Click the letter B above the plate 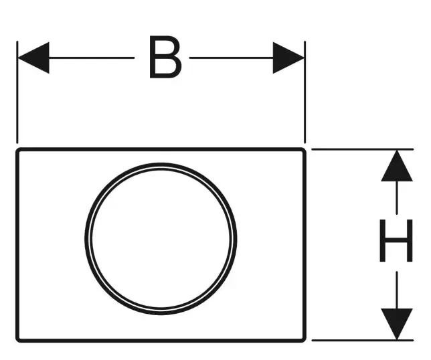pyautogui.click(x=165, y=57)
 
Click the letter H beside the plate pyautogui.click(x=396, y=240)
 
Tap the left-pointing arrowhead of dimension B pyautogui.click(x=33, y=58)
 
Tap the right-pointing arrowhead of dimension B pyautogui.click(x=288, y=58)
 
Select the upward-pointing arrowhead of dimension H pyautogui.click(x=397, y=166)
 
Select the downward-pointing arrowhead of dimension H pyautogui.click(x=397, y=324)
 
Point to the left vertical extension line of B pyautogui.click(x=17, y=92)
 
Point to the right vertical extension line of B pyautogui.click(x=305, y=92)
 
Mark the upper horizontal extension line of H pyautogui.click(x=362, y=149)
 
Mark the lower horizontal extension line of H pyautogui.click(x=362, y=340)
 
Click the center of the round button pyautogui.click(x=161, y=239)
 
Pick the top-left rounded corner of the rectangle pyautogui.click(x=18, y=150)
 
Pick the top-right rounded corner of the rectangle pyautogui.click(x=304, y=150)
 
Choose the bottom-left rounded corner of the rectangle pyautogui.click(x=18, y=340)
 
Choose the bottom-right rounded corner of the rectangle pyautogui.click(x=304, y=340)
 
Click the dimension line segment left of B pyautogui.click(x=91, y=58)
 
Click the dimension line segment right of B pyautogui.click(x=232, y=58)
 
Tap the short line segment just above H pyautogui.click(x=397, y=197)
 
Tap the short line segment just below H pyautogui.click(x=397, y=290)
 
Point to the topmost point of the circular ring pyautogui.click(x=161, y=165)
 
